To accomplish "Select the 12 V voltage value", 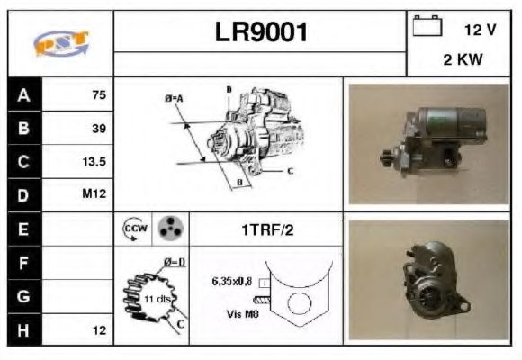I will click(x=480, y=30).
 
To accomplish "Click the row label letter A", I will click(x=22, y=94).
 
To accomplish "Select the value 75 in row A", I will click(x=99, y=94).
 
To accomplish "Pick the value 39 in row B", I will click(x=99, y=128).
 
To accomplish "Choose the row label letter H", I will click(x=22, y=330).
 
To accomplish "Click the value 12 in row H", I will click(x=99, y=330).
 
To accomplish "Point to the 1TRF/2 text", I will click(x=267, y=230).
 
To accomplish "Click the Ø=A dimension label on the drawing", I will click(x=174, y=97).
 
